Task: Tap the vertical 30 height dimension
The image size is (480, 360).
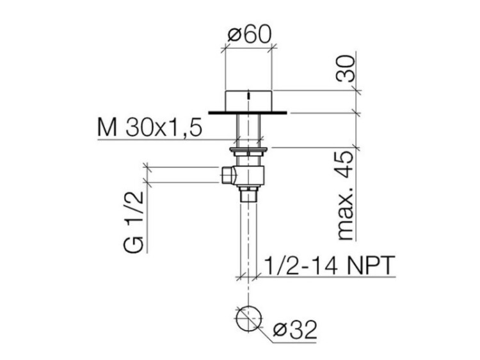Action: tap(346, 68)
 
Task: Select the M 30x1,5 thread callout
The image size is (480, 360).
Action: tap(150, 127)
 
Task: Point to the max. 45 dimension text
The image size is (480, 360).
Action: tap(346, 196)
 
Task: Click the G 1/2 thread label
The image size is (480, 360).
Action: tap(134, 222)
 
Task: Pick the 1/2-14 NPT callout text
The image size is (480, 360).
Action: tap(329, 265)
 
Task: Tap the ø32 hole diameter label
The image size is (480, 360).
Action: tap(295, 331)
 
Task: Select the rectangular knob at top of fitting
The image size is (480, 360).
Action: tap(248, 101)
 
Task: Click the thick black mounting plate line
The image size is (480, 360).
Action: tap(248, 113)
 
